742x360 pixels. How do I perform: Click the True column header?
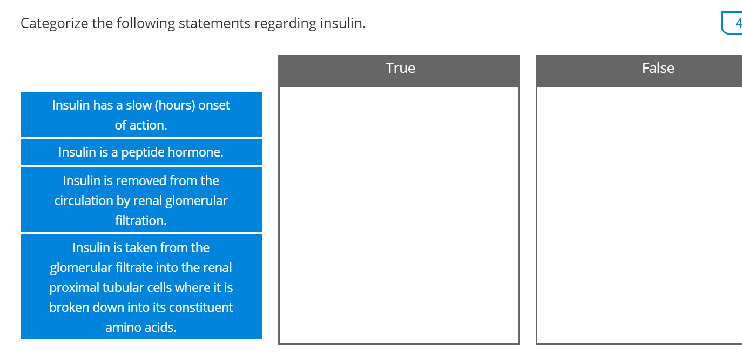coord(400,69)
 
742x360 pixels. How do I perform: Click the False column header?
coord(657,69)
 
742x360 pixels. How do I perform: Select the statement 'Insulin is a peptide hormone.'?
coord(140,152)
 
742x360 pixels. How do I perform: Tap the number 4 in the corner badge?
coord(738,23)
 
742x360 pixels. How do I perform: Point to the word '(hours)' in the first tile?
coord(175,105)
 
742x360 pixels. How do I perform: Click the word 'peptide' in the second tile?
coord(143,152)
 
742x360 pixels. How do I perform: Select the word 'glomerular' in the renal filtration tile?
coord(196,201)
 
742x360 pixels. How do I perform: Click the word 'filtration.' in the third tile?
coord(140,221)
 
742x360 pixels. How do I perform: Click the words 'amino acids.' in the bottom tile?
coord(140,328)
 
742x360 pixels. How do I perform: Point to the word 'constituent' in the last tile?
coord(200,308)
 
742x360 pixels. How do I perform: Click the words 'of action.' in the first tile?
coord(140,125)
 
